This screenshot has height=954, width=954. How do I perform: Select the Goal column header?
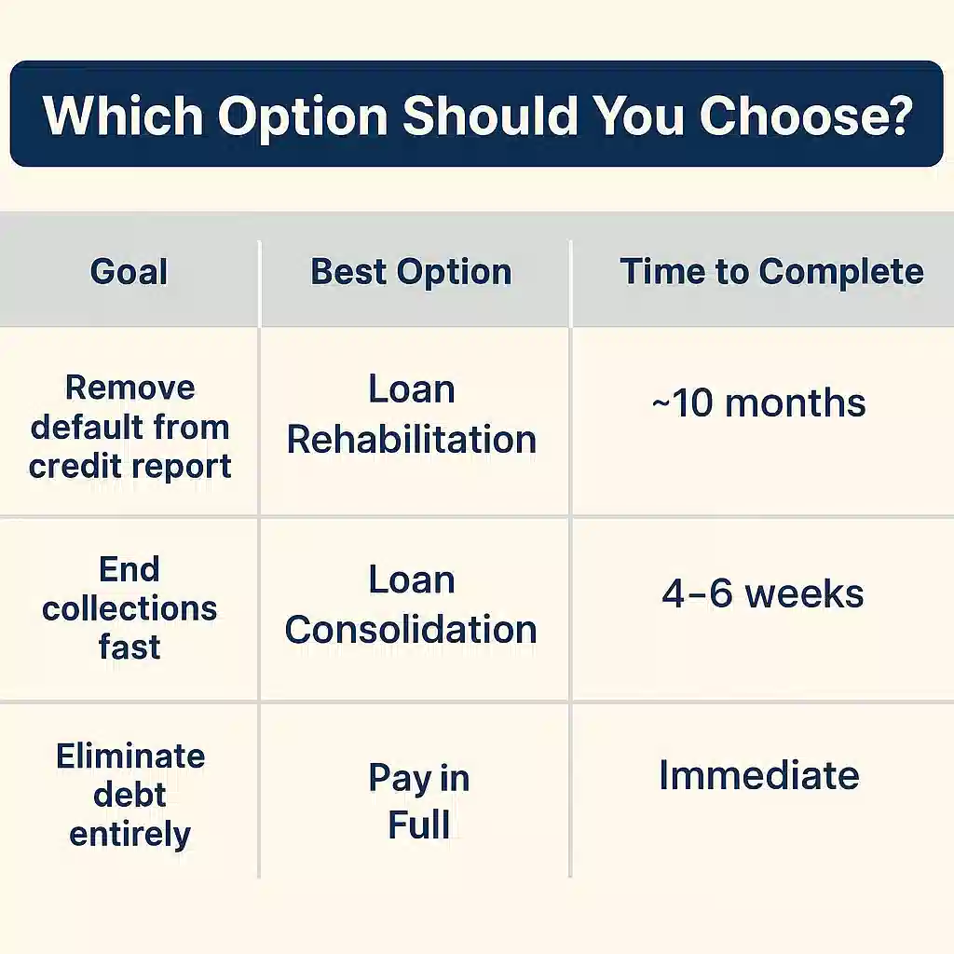point(129,272)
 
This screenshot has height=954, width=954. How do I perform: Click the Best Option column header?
point(411,272)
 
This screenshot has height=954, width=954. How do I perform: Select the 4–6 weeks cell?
point(763,593)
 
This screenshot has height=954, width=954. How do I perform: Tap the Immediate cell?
point(758,776)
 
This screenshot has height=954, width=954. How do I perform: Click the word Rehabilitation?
point(411,440)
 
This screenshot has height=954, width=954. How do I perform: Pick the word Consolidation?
point(411,630)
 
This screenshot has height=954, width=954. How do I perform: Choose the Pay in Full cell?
point(418,801)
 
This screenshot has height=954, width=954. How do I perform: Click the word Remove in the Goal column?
point(130,388)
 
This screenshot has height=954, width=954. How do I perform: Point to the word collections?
point(129,609)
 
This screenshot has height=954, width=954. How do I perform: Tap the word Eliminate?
point(130,756)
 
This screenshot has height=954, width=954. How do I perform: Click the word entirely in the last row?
point(129,834)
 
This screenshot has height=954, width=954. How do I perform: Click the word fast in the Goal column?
point(129,647)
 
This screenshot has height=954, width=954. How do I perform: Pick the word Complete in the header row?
point(840,272)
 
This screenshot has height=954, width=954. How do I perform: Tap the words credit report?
point(129,466)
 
